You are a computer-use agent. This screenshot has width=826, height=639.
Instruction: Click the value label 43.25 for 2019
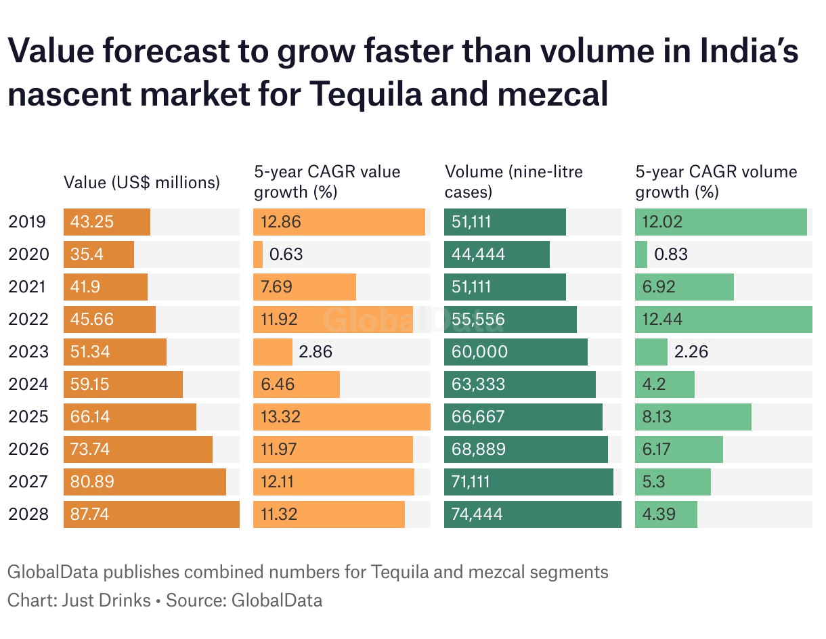[92, 222]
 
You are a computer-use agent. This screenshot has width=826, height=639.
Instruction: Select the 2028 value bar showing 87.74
[151, 514]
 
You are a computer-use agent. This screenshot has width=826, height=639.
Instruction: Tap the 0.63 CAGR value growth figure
[286, 255]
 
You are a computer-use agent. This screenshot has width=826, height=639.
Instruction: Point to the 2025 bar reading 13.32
[341, 417]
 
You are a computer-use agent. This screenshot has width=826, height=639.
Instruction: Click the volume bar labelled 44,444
[496, 255]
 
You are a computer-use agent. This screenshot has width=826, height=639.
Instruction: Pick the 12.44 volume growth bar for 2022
[723, 319]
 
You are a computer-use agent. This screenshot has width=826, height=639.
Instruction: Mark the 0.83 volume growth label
[671, 255]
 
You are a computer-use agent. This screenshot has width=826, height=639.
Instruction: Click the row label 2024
[28, 384]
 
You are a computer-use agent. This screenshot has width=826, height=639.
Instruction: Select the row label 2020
[28, 255]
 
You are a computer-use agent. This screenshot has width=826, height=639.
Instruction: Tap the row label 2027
[28, 482]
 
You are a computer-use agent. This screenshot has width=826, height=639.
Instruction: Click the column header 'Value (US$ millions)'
[142, 182]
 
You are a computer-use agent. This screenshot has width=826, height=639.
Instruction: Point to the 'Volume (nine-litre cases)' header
[513, 181]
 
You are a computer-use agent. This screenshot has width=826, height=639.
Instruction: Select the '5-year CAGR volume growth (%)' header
[716, 181]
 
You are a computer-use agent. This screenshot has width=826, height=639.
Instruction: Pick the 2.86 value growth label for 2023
[316, 352]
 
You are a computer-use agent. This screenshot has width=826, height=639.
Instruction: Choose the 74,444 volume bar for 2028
[532, 514]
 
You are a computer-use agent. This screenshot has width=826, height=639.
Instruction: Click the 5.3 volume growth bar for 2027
[672, 482]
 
